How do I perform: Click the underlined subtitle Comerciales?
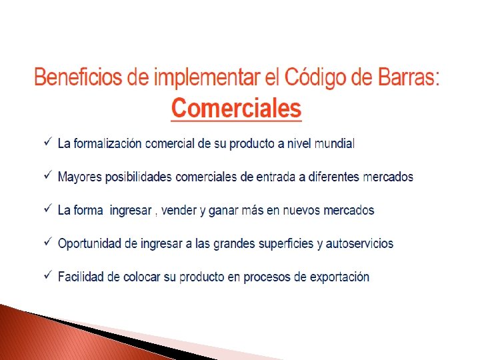[237, 107]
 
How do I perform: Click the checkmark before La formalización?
[47, 142]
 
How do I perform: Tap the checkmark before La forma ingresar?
[47, 209]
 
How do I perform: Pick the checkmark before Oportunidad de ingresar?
[47, 243]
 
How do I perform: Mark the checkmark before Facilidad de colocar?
[47, 275]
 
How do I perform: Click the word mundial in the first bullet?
[335, 143]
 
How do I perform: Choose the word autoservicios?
[360, 244]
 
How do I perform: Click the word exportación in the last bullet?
[339, 277]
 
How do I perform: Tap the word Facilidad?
[82, 277]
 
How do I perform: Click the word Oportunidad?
[89, 244]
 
